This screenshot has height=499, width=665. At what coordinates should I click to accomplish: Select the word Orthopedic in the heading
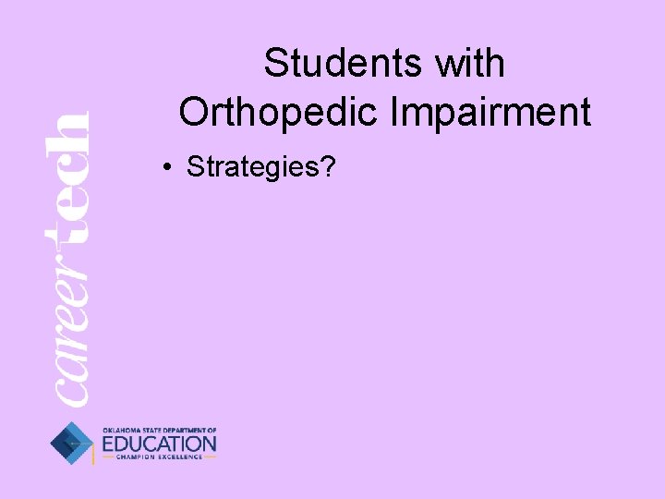pyautogui.click(x=277, y=112)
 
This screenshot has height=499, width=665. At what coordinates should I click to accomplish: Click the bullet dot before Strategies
pyautogui.click(x=166, y=167)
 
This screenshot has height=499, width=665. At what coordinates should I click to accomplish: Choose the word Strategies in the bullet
pyautogui.click(x=251, y=167)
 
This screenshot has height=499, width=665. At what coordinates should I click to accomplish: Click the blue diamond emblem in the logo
pyautogui.click(x=72, y=443)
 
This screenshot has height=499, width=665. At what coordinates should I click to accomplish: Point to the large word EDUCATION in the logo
pyautogui.click(x=159, y=444)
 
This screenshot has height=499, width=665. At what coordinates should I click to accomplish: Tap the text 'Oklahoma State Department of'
pyautogui.click(x=159, y=430)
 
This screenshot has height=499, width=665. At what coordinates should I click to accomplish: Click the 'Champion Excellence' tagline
pyautogui.click(x=159, y=457)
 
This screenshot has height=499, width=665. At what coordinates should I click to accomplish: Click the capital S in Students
pyautogui.click(x=274, y=64)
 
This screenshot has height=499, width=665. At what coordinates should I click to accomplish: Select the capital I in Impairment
pyautogui.click(x=396, y=112)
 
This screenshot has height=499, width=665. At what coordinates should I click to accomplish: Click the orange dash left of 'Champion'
pyautogui.click(x=107, y=457)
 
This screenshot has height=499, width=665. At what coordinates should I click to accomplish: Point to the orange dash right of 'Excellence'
pyautogui.click(x=211, y=457)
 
